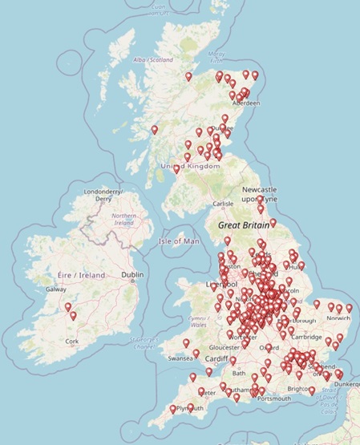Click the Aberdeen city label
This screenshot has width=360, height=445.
point(245,104)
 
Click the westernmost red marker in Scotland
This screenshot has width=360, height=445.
point(155,129)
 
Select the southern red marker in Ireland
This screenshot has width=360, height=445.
point(74,316)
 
